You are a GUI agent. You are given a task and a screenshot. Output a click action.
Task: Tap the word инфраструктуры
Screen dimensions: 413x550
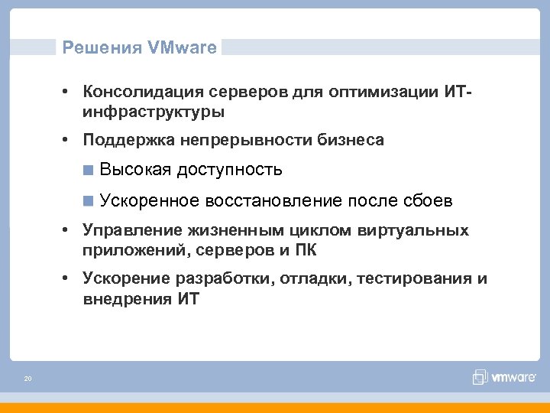tap(154, 112)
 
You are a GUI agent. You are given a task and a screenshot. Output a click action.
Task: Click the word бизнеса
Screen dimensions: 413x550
tap(351, 140)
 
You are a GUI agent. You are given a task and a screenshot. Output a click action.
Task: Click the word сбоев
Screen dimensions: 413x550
tap(428, 201)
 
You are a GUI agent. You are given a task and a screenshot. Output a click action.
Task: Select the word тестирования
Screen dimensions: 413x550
tap(411, 278)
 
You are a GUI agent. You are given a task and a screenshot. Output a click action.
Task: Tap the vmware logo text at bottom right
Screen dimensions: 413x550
tap(513, 376)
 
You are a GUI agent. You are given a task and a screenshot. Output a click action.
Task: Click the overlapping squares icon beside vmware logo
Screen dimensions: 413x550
tap(480, 376)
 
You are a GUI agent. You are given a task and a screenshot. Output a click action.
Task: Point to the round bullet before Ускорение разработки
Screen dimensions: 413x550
tap(67, 278)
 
